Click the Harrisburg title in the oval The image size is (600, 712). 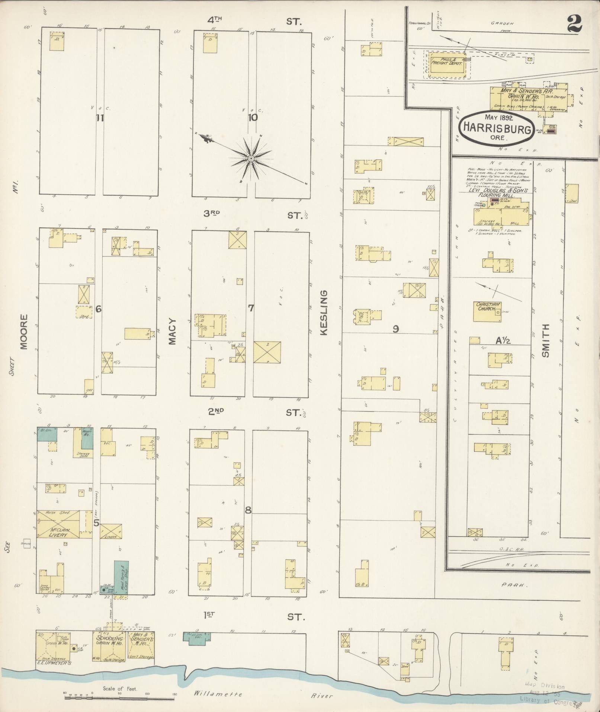click(497, 130)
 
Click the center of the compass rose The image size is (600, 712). click(251, 159)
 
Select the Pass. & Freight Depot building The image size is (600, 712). click(447, 62)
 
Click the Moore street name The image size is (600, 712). click(24, 332)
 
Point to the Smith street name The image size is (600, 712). click(545, 341)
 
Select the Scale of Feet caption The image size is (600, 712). click(120, 689)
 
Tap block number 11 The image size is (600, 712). click(99, 118)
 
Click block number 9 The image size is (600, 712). click(396, 329)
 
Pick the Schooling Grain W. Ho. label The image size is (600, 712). click(110, 640)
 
